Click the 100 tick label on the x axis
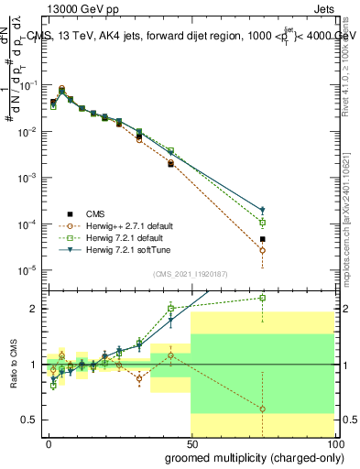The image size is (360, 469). [x=334, y=442]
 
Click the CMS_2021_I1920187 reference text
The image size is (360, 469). [x=190, y=272]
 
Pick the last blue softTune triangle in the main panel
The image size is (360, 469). [x=263, y=210]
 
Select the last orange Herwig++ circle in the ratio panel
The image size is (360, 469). [x=263, y=409]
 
